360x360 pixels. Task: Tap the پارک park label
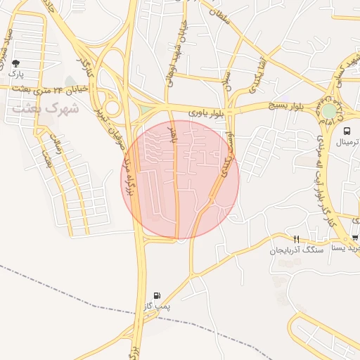point(16,73)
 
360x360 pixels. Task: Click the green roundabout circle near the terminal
point(329,110)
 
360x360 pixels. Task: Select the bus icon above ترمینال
point(347,131)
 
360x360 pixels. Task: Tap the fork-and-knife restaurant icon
point(296,239)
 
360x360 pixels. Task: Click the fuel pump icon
point(156,296)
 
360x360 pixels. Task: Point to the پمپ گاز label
point(157,307)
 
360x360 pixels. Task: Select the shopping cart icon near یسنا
point(356,238)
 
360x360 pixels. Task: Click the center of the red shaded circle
point(180,180)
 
